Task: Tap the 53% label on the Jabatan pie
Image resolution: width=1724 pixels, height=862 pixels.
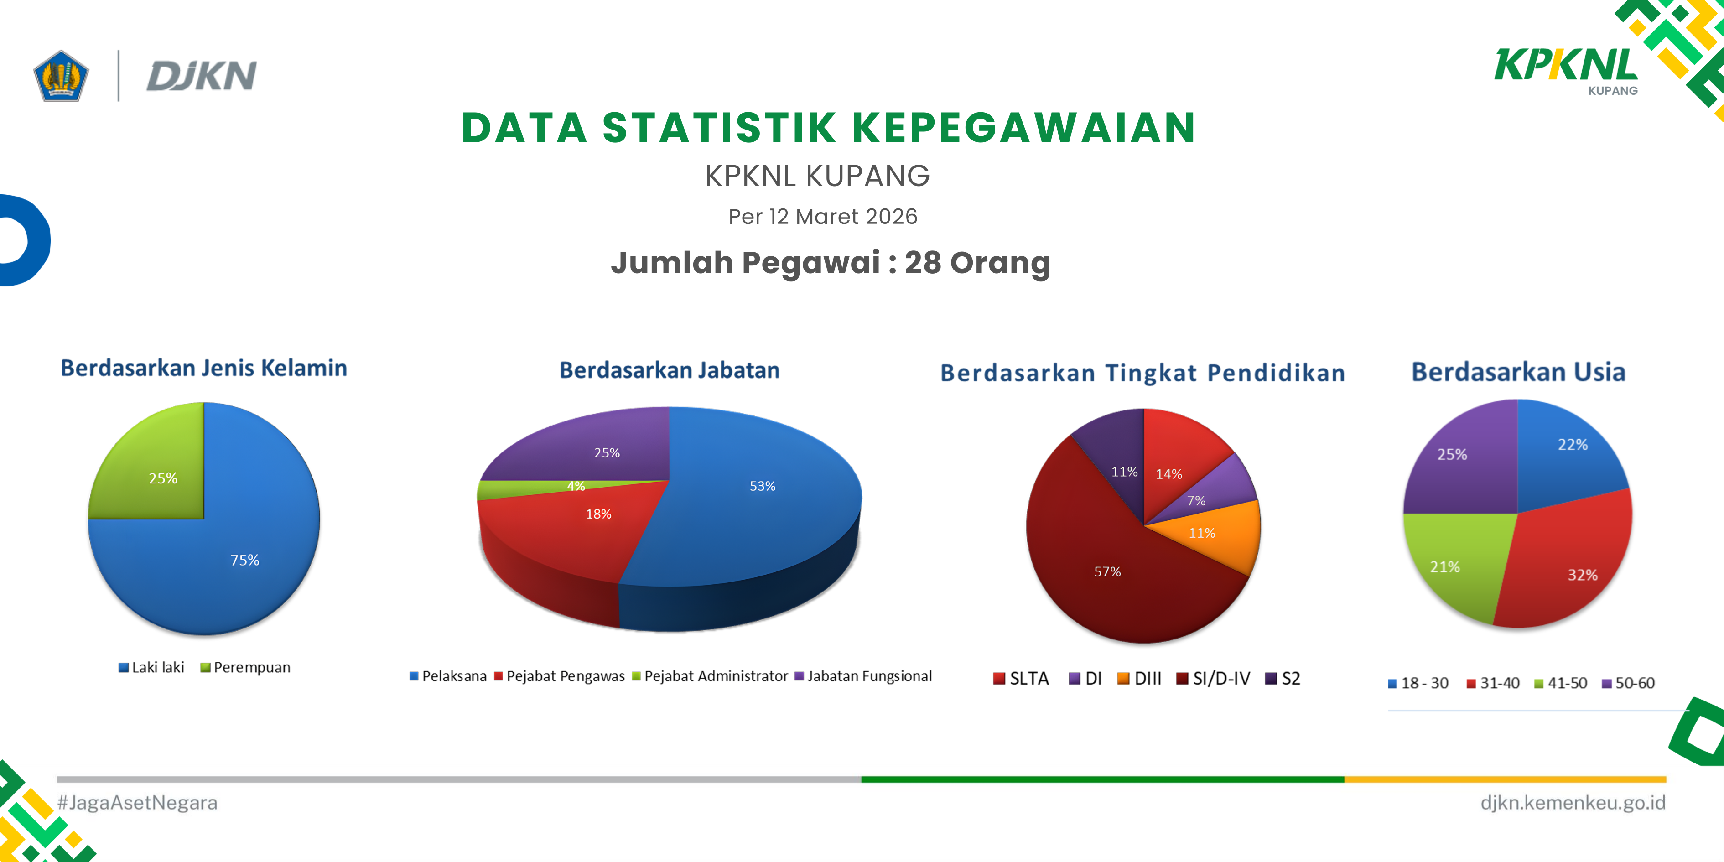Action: click(x=762, y=486)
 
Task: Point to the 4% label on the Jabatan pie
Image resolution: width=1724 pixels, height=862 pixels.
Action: click(x=576, y=486)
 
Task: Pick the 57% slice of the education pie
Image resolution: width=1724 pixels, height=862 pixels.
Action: click(x=1111, y=569)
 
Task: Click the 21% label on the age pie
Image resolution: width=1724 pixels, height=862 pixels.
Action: click(x=1445, y=567)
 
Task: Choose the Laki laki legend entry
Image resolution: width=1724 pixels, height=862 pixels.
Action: click(x=151, y=667)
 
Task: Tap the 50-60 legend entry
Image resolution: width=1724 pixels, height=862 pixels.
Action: click(x=1628, y=683)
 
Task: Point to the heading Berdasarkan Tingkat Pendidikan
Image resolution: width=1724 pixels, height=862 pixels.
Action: click(x=1142, y=373)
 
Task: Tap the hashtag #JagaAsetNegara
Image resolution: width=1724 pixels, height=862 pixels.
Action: click(x=137, y=802)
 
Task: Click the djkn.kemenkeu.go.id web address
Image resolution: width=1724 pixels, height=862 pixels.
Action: click(x=1573, y=802)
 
